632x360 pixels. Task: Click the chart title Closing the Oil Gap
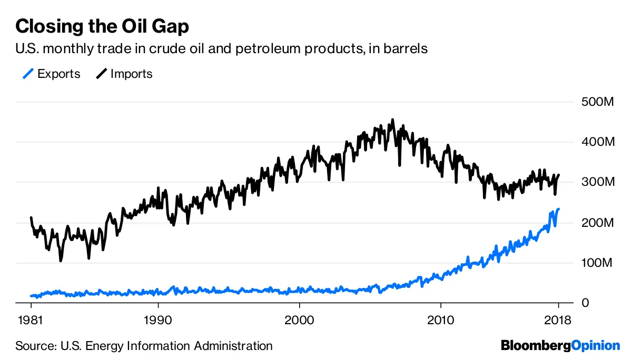(102, 26)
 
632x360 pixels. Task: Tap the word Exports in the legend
(59, 74)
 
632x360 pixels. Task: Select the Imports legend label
(131, 74)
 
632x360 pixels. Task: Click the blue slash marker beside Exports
(28, 74)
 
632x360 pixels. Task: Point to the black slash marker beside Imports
(101, 74)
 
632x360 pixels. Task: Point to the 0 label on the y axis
(585, 303)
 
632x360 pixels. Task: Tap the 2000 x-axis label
(299, 320)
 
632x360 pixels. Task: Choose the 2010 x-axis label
(440, 320)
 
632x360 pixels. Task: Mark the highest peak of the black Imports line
(392, 120)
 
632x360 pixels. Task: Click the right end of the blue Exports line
(558, 209)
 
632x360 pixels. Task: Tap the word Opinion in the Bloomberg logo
(596, 346)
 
